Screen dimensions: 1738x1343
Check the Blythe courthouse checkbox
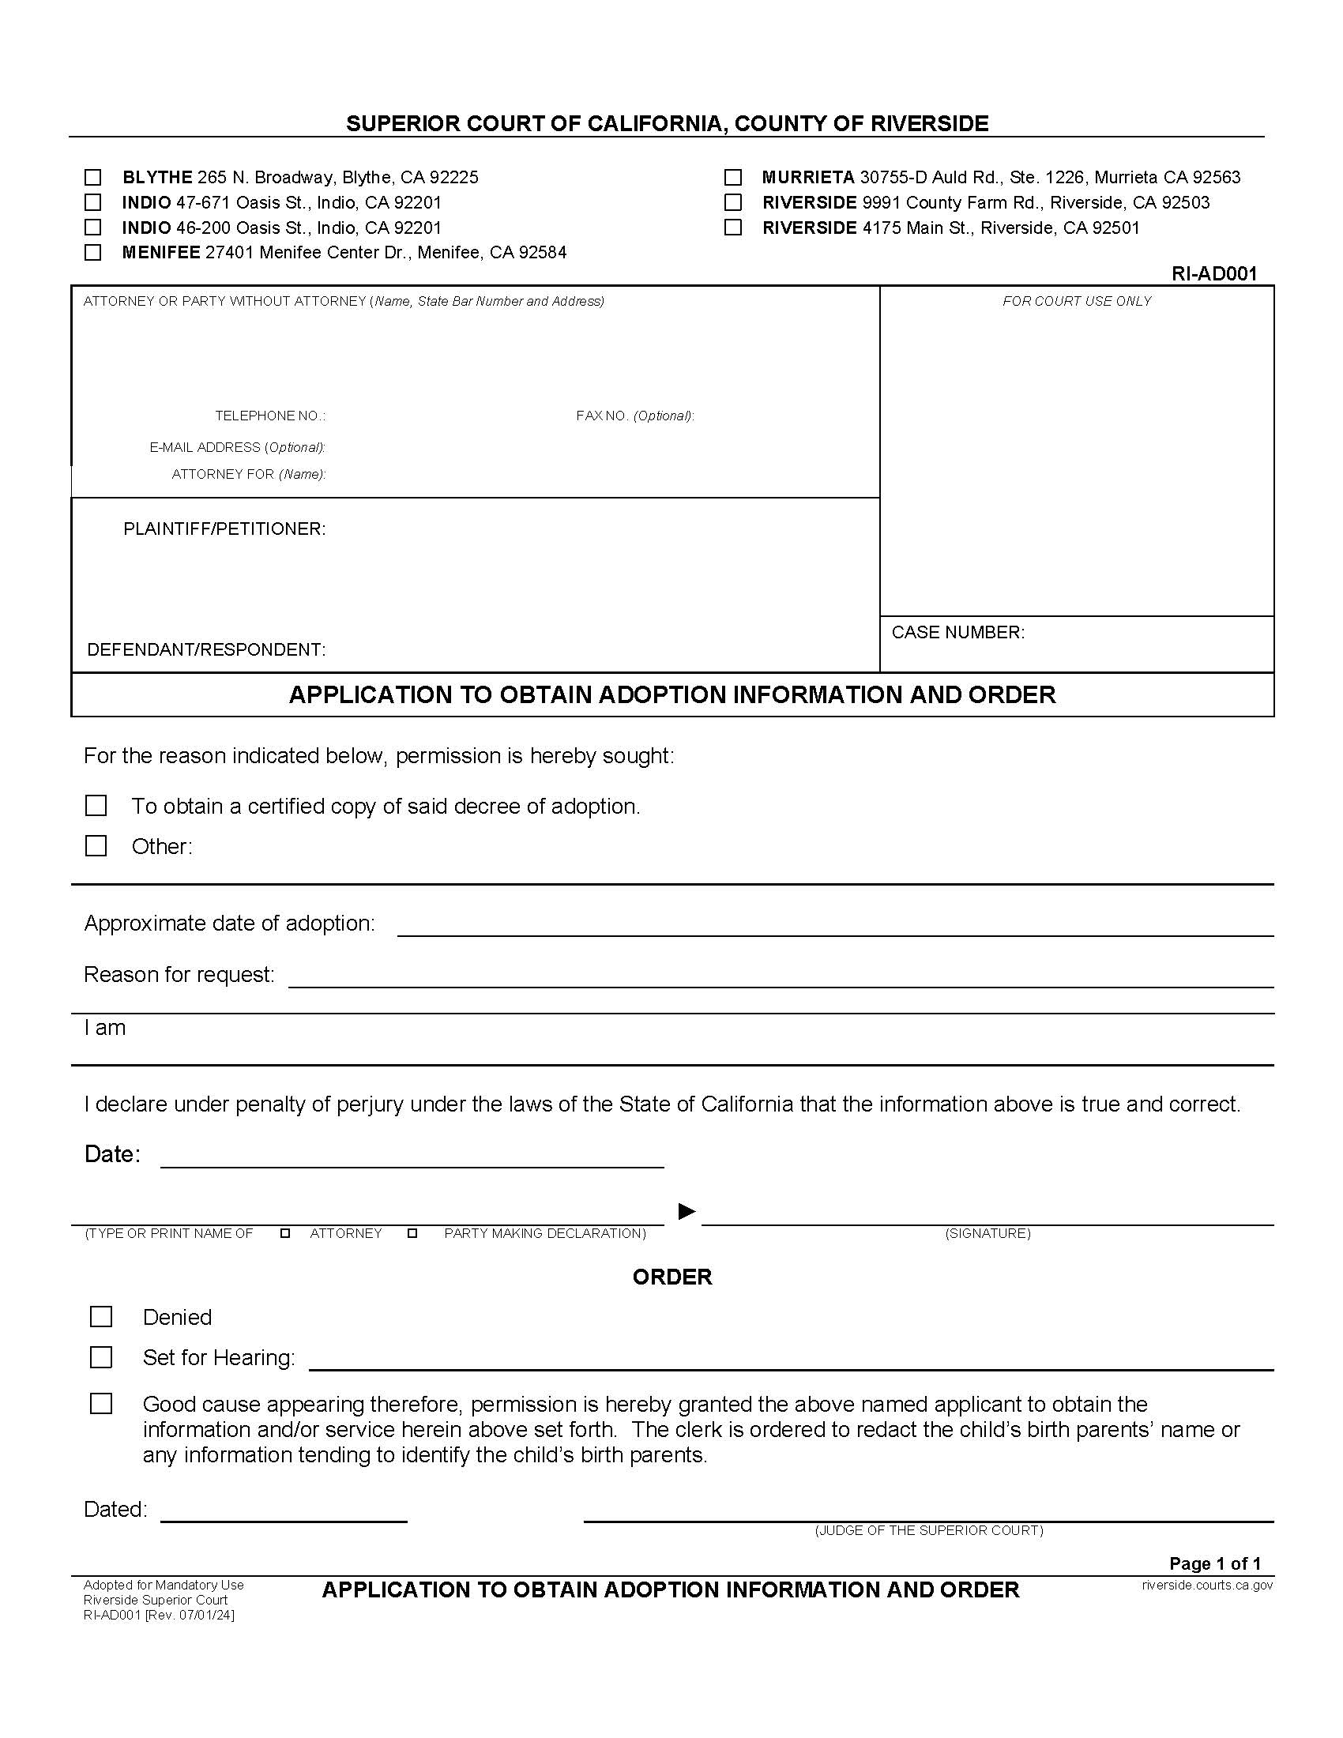coord(93,177)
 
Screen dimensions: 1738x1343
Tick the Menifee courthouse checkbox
coord(93,252)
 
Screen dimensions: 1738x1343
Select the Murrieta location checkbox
coord(733,177)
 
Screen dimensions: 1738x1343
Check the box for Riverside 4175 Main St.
coord(733,228)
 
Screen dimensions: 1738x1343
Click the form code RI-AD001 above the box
coord(1213,274)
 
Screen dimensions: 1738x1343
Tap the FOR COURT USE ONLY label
coord(1077,301)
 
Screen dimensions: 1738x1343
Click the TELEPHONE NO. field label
coord(269,416)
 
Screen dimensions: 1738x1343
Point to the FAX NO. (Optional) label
coord(635,416)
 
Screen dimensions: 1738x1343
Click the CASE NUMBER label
coord(958,632)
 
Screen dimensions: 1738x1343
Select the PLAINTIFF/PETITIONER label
coord(224,529)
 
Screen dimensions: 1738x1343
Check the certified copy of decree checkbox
coord(96,805)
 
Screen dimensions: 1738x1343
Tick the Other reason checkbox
coord(96,845)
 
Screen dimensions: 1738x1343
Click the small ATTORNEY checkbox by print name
coord(285,1233)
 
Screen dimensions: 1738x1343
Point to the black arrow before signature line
coord(687,1211)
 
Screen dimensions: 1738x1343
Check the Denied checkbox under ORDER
coord(101,1317)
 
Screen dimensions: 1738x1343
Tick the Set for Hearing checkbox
coord(101,1356)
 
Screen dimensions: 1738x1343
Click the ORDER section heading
coord(672,1277)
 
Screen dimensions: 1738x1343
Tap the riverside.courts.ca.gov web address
coord(1207,1585)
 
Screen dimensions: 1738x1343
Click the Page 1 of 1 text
coord(1215,1563)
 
